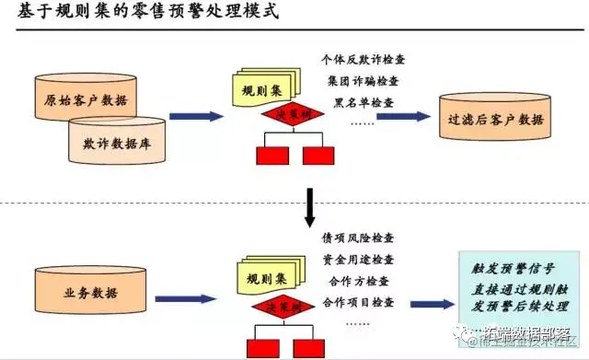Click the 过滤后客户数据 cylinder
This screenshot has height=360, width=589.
[494, 118]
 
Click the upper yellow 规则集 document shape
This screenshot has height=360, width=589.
[261, 91]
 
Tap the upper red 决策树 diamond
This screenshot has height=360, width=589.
[292, 117]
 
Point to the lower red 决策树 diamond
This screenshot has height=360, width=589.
[292, 305]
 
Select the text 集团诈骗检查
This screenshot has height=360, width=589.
[361, 80]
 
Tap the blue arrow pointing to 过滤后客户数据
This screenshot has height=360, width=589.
[406, 117]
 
